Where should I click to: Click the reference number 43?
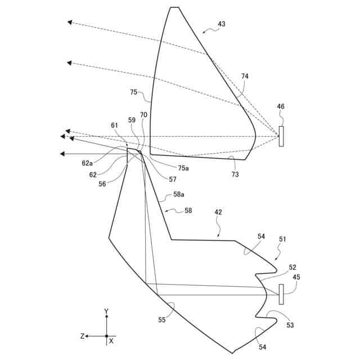[222, 24]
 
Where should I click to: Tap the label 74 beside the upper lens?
[245, 76]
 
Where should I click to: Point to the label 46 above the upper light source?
[281, 106]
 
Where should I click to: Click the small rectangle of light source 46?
[281, 137]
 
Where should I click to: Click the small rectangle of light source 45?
[281, 294]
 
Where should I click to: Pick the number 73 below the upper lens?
[235, 174]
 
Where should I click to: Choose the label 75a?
[183, 168]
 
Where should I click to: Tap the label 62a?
[87, 163]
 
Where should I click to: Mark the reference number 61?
[115, 125]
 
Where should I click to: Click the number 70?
[144, 114]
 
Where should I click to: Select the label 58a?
[179, 195]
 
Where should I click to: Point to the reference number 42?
[218, 213]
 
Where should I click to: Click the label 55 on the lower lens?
[162, 320]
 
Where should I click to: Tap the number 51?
[282, 238]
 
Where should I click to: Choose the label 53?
[290, 325]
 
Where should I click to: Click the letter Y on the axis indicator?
[106, 311]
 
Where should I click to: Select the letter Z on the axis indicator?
[82, 336]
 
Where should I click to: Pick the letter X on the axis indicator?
[111, 341]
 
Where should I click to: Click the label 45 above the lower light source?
[296, 276]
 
